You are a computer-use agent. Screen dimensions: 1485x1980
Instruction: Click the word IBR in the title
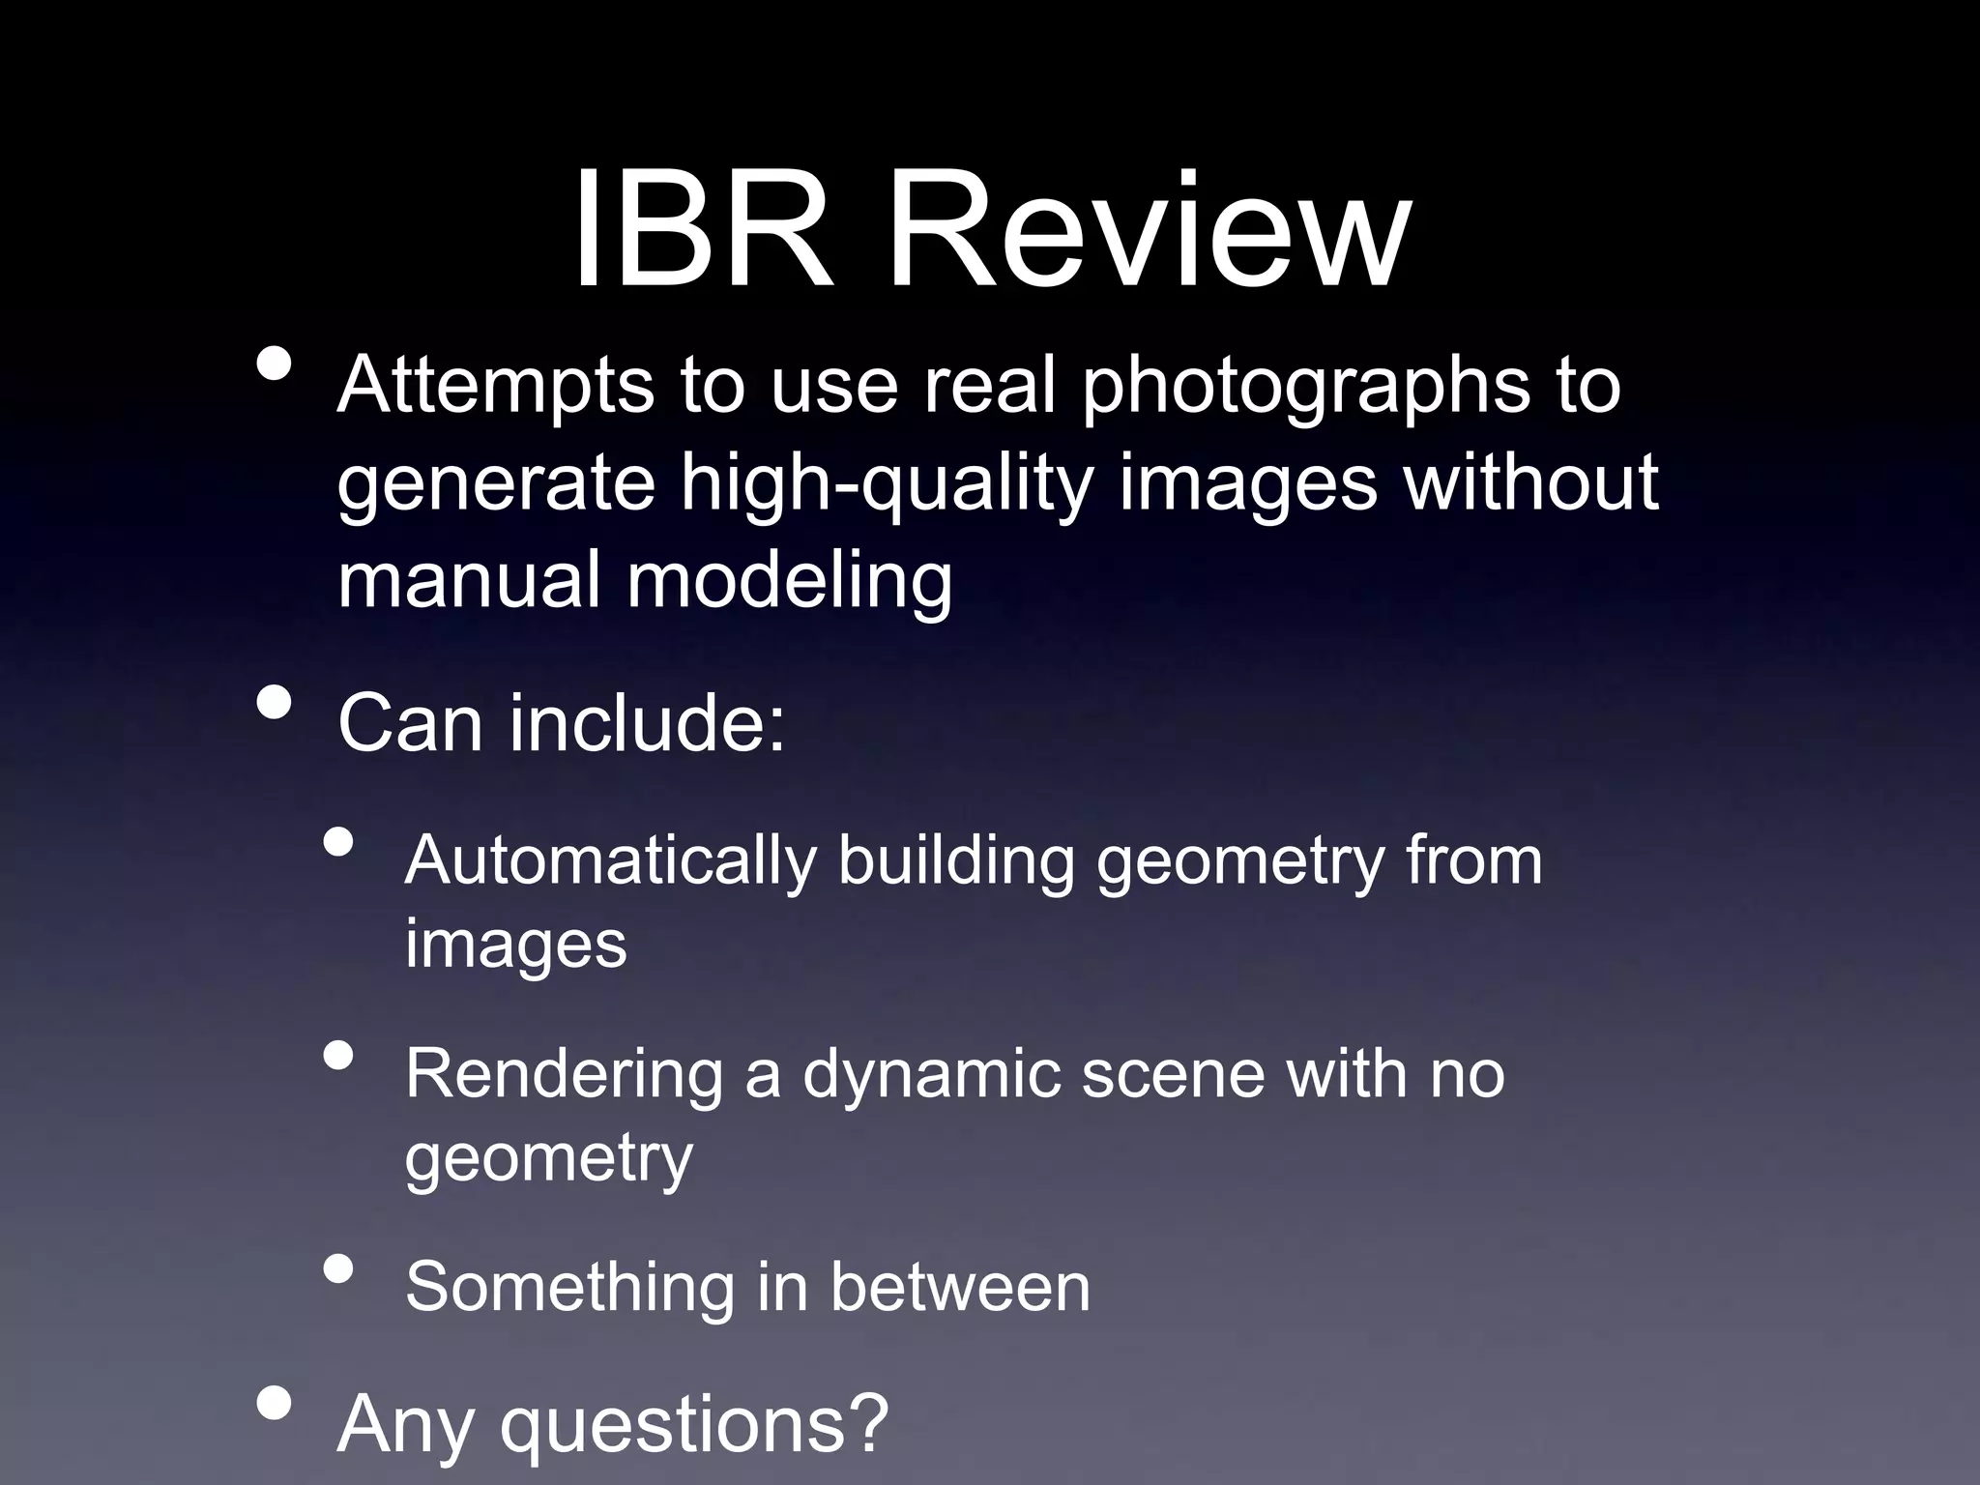[703, 232]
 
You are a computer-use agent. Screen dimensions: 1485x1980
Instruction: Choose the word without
[1531, 483]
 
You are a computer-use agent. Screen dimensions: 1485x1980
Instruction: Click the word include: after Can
[647, 723]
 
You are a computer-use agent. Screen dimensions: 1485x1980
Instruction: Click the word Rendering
[564, 1075]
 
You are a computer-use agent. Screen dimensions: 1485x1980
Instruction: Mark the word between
[960, 1288]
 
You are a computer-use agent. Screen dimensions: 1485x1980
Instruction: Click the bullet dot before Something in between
[337, 1267]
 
